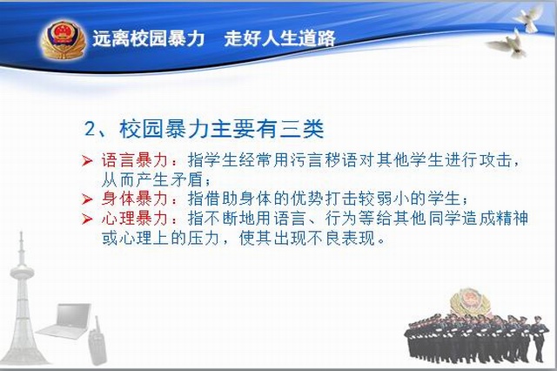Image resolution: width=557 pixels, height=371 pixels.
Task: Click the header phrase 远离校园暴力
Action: (149, 38)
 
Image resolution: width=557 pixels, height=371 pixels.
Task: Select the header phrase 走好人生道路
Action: (279, 38)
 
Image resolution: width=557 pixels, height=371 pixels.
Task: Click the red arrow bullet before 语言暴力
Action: (87, 161)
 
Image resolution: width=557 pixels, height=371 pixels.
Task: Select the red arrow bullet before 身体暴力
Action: (87, 199)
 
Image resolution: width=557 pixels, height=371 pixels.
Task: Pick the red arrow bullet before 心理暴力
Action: (87, 219)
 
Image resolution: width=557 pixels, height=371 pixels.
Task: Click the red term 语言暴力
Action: (135, 160)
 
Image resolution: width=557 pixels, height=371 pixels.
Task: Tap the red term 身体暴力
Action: (135, 199)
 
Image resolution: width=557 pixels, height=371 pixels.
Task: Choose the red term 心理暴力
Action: (135, 219)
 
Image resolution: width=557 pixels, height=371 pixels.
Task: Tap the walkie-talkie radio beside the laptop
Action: (97, 341)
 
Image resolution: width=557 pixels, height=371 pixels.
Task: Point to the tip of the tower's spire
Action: (21, 232)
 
